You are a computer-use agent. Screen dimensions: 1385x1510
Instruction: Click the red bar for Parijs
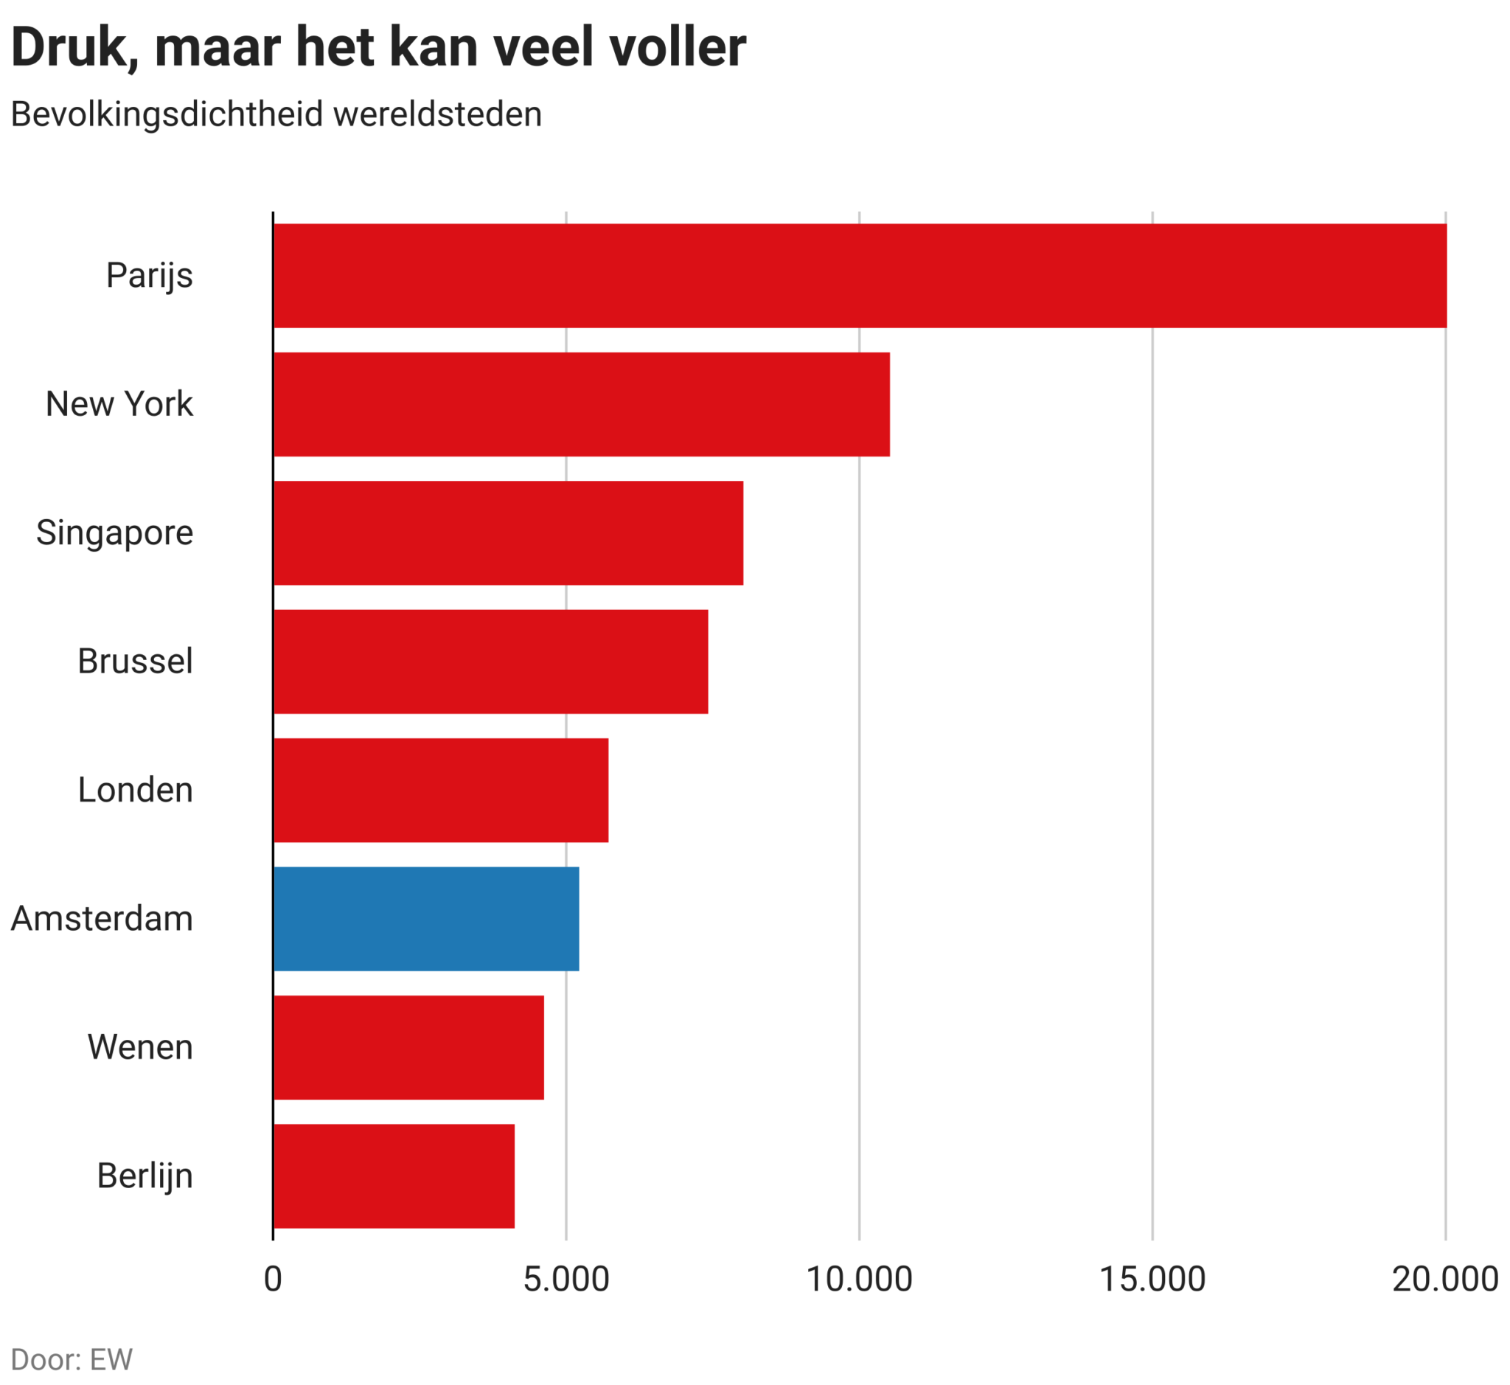[860, 276]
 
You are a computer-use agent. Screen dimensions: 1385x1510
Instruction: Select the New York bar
[582, 405]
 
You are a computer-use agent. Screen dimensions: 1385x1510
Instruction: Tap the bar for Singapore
[508, 534]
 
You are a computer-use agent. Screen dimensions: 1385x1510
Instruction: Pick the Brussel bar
[491, 662]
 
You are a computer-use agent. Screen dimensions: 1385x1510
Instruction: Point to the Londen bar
[441, 791]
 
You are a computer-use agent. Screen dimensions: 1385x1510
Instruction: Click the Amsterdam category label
[102, 919]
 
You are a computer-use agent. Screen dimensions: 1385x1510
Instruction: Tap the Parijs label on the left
[149, 276]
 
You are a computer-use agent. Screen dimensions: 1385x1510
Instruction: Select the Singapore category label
[115, 534]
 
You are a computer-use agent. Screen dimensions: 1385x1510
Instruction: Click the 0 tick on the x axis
[273, 1280]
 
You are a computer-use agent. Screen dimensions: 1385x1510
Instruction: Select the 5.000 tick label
[566, 1280]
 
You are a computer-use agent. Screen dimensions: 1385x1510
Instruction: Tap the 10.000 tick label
[859, 1280]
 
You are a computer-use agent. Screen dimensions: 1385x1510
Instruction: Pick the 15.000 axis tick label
[1152, 1280]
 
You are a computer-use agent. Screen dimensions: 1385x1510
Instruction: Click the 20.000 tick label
[1444, 1280]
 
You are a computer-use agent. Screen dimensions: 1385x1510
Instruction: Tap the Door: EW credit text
[72, 1359]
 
